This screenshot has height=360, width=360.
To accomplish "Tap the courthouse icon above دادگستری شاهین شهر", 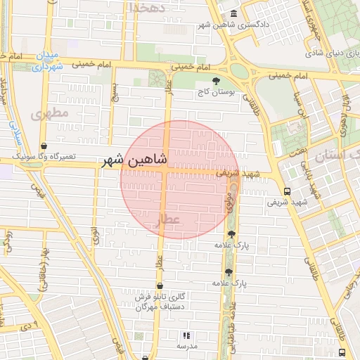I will click(233, 14).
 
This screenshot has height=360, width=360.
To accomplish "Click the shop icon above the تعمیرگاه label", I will click(44, 146).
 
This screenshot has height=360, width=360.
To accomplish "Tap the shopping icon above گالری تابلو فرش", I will click(160, 285).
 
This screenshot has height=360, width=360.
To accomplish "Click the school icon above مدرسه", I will click(186, 336).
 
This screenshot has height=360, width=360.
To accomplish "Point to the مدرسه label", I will click(186, 347).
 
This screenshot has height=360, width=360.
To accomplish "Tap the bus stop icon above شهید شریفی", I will click(286, 191).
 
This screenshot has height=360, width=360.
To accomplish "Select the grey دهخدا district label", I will click(146, 7).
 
